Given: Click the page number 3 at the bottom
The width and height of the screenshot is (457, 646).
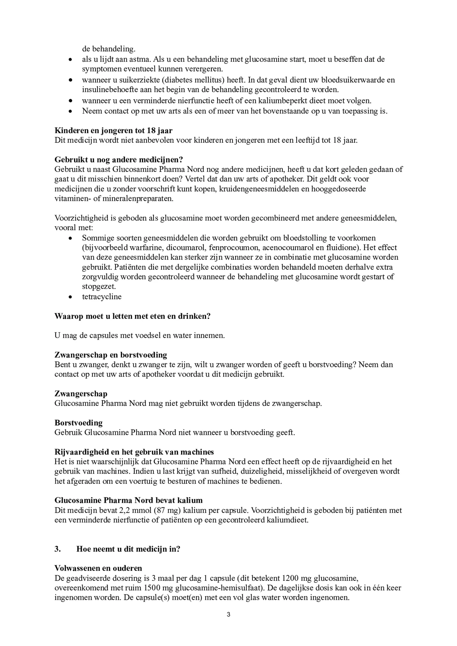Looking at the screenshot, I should (228, 614).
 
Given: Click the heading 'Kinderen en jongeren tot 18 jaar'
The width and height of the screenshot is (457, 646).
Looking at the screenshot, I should (113, 131).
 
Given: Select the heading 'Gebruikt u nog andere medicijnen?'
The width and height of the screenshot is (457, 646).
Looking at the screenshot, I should (119, 160).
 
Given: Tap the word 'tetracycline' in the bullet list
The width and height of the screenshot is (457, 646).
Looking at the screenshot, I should (102, 297).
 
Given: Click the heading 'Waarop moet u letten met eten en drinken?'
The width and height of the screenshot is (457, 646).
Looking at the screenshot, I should (132, 316).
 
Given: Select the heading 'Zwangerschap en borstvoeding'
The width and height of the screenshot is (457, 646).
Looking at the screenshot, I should (111, 355).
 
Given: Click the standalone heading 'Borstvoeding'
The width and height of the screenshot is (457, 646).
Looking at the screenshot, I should (79, 423).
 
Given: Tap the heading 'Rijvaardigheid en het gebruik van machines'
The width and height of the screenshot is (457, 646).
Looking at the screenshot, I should (134, 452).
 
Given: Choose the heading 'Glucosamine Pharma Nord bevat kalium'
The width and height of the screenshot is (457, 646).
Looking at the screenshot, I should (128, 500).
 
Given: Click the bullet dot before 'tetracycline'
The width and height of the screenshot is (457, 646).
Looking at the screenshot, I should (70, 297).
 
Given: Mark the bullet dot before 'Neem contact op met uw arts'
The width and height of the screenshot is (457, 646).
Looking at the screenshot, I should (70, 111).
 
